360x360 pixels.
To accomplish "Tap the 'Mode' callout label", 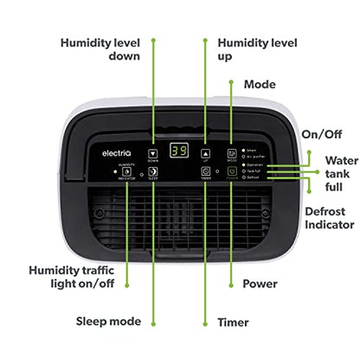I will [x=260, y=85].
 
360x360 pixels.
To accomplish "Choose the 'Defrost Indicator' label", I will [x=331, y=217].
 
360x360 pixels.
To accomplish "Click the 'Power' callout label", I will [x=260, y=283].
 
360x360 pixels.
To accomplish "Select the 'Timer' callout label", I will [x=234, y=322].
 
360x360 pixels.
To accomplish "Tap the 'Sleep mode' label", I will [x=108, y=321].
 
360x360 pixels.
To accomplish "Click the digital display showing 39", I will [x=179, y=150].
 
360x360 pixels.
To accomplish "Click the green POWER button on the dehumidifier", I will [x=232, y=172].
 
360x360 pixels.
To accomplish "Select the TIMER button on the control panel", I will [x=205, y=172].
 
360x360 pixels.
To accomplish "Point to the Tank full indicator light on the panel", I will [x=245, y=170].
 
